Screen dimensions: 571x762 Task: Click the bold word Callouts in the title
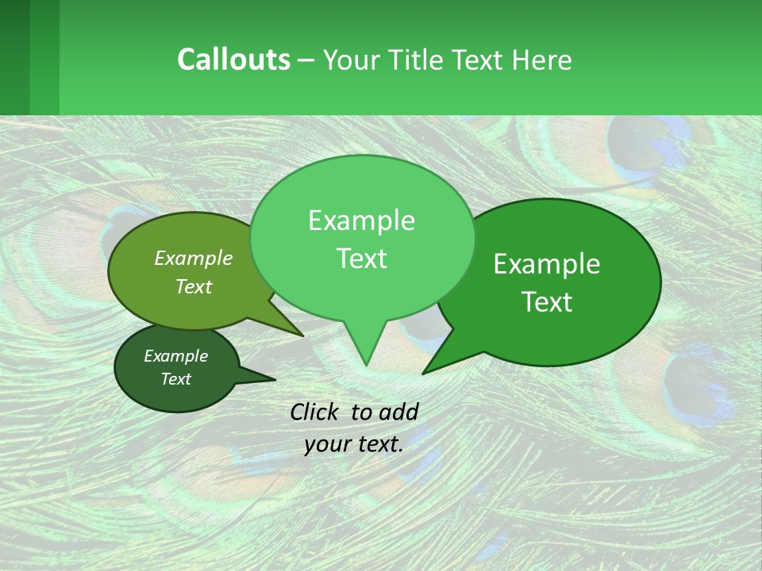233,59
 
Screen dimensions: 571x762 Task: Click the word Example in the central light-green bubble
361,220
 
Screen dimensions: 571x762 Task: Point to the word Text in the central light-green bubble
361,259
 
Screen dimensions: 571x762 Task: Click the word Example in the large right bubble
547,264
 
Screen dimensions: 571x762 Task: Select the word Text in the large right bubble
548,302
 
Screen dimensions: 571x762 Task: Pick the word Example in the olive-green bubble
193,258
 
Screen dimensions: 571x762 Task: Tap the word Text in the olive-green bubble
194,286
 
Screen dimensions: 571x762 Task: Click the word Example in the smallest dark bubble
175,356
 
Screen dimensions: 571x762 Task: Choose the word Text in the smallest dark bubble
175,379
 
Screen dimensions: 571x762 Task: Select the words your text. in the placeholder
353,444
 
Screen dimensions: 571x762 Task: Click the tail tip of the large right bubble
424,372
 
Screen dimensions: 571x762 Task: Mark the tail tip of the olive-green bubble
302,335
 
